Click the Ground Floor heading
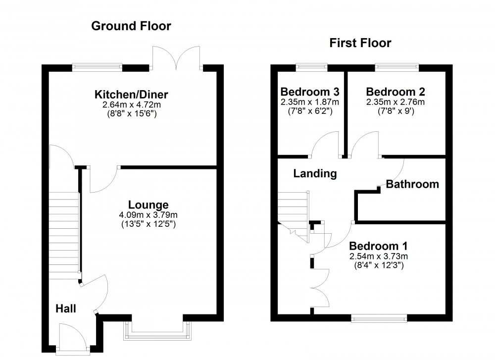click(x=131, y=26)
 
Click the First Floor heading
click(x=360, y=43)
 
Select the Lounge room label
click(x=148, y=205)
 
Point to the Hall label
click(x=65, y=309)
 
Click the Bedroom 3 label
click(x=310, y=92)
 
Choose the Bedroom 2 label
click(x=396, y=92)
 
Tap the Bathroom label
click(x=412, y=185)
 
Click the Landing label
click(x=315, y=173)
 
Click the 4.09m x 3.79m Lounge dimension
click(x=148, y=215)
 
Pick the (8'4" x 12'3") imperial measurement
click(x=379, y=265)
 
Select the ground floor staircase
click(x=64, y=232)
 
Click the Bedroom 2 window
click(x=397, y=65)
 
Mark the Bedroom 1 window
click(x=379, y=319)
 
